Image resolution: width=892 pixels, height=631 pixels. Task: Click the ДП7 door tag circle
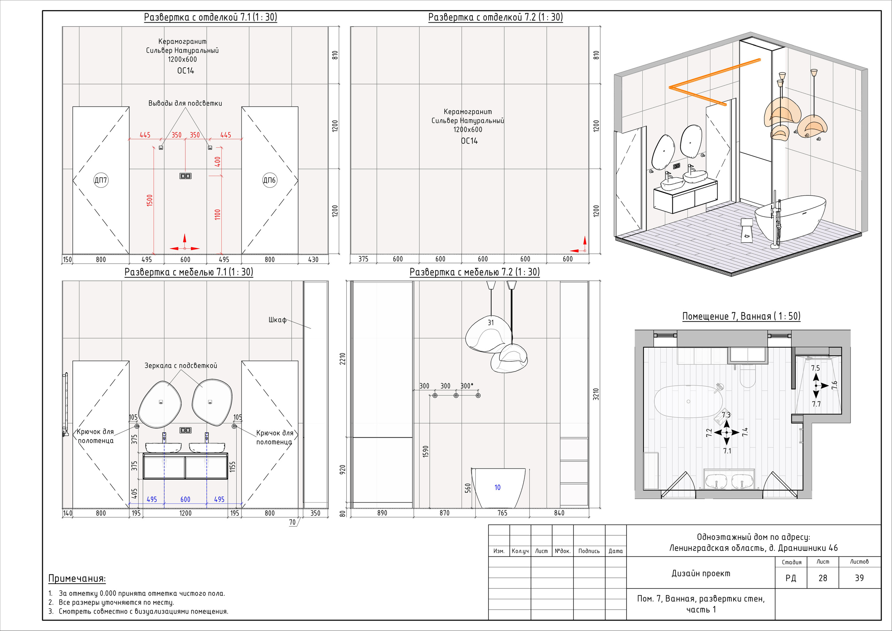click(101, 180)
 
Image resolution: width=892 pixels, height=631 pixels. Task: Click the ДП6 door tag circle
click(270, 180)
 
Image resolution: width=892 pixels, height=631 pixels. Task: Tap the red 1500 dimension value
click(150, 200)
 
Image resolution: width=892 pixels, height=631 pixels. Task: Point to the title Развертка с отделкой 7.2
click(495, 17)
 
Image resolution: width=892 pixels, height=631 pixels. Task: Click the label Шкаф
click(277, 320)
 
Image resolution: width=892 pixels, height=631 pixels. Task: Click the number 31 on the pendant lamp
click(491, 323)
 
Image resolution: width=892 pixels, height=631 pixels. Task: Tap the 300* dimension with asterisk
click(467, 386)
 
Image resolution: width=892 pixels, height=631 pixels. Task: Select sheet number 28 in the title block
click(823, 578)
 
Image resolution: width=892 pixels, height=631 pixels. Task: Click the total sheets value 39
click(859, 578)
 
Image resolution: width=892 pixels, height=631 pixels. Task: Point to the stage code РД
click(791, 578)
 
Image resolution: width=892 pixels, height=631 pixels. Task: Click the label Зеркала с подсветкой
click(180, 365)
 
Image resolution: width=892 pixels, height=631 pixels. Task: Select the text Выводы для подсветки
click(185, 103)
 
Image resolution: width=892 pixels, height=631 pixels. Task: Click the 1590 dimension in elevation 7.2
click(425, 452)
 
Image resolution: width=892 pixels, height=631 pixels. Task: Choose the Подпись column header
click(589, 551)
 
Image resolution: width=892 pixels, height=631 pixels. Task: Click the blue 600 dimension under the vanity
click(185, 499)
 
